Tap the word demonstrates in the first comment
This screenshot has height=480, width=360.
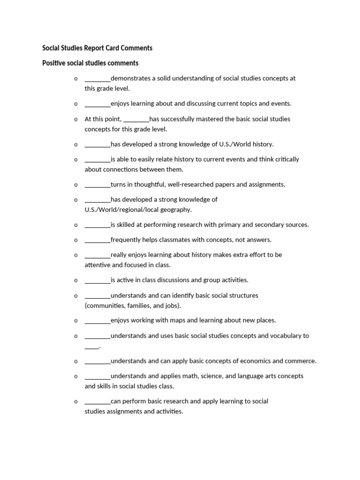[131, 78]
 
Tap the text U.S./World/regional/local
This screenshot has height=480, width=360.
[121, 210]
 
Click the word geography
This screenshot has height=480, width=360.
[176, 210]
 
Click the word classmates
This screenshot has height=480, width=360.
[184, 240]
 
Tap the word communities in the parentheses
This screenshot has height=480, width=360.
[106, 306]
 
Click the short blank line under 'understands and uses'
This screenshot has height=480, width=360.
[92, 347]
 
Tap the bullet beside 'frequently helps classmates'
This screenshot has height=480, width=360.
[75, 240]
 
